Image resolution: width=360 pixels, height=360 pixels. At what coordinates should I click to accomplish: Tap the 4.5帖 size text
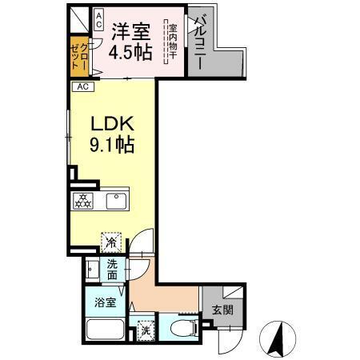pos(131,55)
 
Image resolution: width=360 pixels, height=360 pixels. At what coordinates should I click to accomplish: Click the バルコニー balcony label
pos(196,45)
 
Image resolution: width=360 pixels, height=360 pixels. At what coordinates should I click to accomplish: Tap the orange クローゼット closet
pos(78,56)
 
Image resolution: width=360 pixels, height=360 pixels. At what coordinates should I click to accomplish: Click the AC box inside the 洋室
pos(98,20)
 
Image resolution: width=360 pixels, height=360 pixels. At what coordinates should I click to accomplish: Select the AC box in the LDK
pos(82,88)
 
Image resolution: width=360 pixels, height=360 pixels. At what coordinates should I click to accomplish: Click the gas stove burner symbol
pos(82,202)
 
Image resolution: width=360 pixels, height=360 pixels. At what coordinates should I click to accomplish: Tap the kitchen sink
pos(117,199)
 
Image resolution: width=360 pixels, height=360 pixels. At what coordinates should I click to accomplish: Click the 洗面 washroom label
pos(112,270)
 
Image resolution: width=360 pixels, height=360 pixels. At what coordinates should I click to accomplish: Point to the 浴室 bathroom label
pos(104,302)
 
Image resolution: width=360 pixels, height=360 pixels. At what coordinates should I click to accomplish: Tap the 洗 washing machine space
pos(146,327)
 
